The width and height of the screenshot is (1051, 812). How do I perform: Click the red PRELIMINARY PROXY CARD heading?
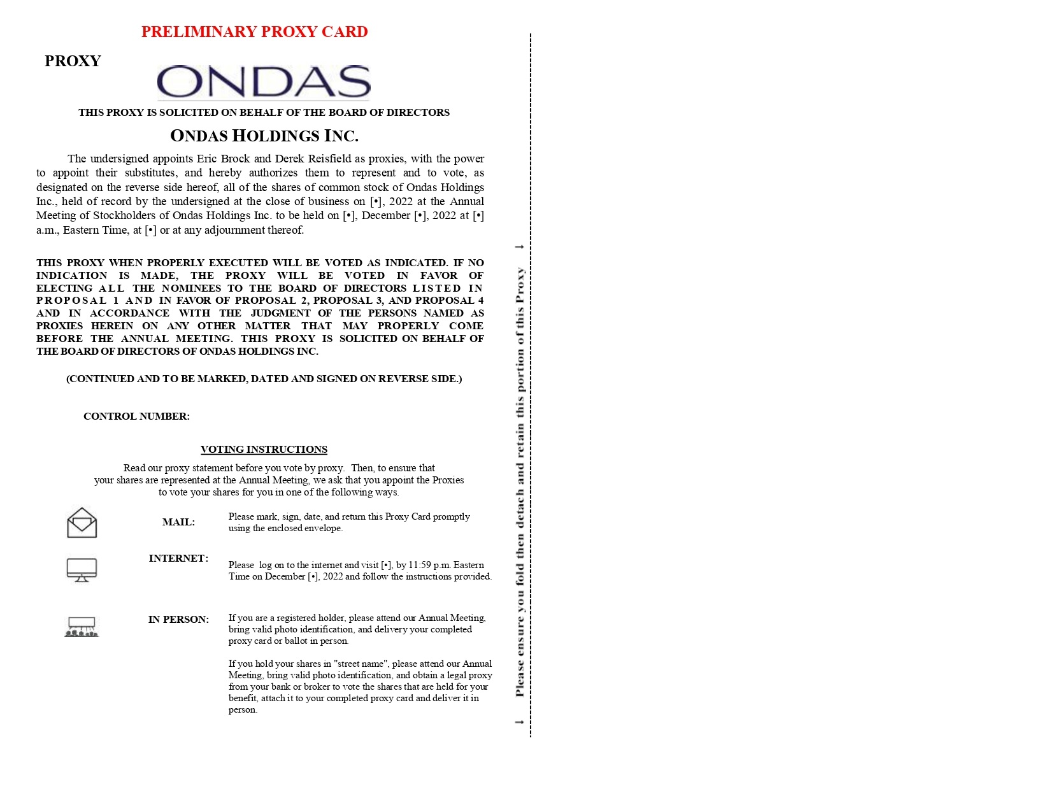coord(254,32)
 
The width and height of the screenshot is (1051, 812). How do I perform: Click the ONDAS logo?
coord(263,82)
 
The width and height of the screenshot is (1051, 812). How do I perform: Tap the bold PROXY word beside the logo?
coord(73,61)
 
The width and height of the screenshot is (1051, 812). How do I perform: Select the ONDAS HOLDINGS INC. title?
coord(264,136)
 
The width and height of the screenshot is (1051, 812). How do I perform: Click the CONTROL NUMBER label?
coord(136,417)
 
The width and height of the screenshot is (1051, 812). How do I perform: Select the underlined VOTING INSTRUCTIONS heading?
coord(264,450)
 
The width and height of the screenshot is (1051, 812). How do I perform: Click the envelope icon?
coord(82,523)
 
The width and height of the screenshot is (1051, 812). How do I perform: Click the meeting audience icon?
coord(82,627)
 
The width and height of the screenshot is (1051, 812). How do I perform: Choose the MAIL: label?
coord(178,522)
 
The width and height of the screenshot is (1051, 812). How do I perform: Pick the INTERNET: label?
coord(178,559)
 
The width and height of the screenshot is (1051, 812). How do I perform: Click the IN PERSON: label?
coord(178,620)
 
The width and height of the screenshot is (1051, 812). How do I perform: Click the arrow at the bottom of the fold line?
coord(520,722)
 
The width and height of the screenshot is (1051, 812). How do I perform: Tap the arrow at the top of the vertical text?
coord(520,246)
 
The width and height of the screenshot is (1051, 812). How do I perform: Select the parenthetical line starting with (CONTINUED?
coord(264,379)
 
